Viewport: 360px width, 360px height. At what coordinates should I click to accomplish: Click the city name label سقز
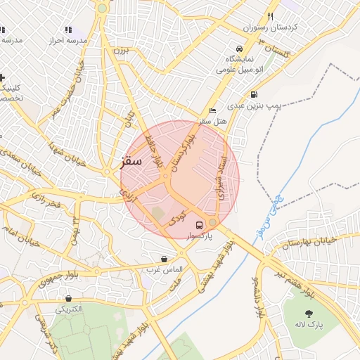(130, 161)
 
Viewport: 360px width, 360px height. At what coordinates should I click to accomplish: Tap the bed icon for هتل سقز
(213, 111)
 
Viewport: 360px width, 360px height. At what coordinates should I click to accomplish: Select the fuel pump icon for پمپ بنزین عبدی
(253, 94)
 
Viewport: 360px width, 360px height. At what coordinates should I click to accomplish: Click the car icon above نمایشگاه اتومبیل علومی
(239, 49)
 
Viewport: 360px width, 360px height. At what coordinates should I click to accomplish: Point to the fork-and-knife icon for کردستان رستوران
(270, 17)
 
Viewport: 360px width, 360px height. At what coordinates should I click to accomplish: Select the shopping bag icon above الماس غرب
(164, 259)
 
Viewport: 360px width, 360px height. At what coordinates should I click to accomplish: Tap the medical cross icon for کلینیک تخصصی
(3, 77)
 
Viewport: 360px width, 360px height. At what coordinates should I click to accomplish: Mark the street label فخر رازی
(47, 203)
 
